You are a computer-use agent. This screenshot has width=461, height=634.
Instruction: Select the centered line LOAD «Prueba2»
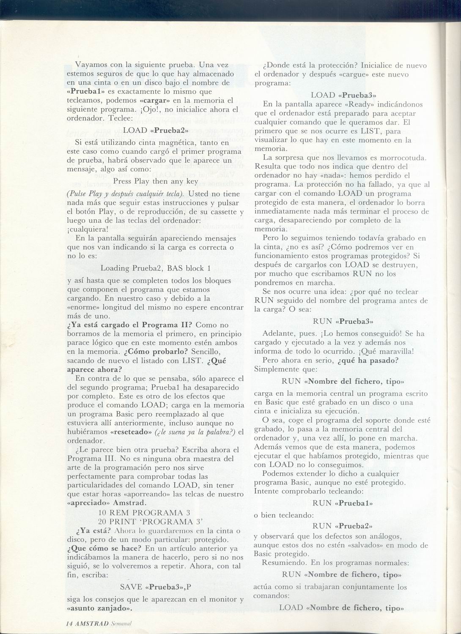pos(156,131)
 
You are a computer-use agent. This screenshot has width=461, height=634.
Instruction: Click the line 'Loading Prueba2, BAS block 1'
pos(155,268)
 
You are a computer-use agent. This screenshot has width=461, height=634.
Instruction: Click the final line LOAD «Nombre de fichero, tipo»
pos(340,607)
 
